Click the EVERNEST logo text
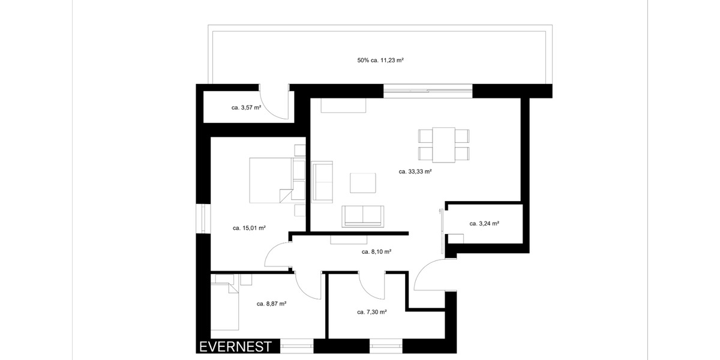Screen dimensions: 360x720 coord(235,347)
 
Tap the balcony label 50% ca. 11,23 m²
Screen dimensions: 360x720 coord(380,60)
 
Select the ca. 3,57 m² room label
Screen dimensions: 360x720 coord(247,108)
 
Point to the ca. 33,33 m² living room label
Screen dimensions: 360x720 coord(416,171)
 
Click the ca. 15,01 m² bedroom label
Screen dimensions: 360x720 coord(249,228)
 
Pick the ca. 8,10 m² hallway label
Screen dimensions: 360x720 coord(376,252)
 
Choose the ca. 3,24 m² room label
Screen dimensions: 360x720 coord(485,223)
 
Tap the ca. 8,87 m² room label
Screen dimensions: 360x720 coord(271,304)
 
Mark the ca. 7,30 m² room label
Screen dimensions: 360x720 coord(371,312)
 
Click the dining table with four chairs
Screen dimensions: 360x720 coord(444,145)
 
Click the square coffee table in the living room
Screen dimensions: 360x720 coord(363,183)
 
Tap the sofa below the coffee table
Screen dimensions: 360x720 coord(363,216)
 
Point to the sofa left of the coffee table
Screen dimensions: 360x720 coord(322,181)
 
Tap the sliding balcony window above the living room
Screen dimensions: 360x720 coord(428,91)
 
